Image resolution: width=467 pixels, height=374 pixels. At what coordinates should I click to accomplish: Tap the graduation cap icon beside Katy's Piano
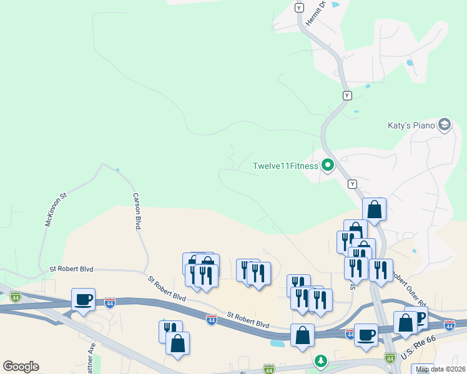click(445, 125)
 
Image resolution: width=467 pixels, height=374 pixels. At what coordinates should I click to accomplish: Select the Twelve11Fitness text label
click(285, 166)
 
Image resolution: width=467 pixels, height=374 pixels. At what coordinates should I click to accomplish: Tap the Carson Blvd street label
click(136, 212)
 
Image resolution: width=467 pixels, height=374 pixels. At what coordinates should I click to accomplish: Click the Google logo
click(21, 366)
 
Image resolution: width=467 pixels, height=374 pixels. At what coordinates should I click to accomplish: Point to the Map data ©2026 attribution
click(441, 369)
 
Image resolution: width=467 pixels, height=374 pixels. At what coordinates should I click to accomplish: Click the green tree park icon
click(320, 361)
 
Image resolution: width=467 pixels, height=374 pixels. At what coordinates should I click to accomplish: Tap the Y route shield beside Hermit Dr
click(299, 7)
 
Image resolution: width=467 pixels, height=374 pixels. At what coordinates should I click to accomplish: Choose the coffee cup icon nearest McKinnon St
click(83, 299)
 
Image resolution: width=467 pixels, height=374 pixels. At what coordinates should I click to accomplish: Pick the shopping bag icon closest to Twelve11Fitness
click(374, 210)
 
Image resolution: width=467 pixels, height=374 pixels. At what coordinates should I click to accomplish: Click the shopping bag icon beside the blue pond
click(302, 335)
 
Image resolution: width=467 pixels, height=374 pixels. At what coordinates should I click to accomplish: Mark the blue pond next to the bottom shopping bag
click(277, 342)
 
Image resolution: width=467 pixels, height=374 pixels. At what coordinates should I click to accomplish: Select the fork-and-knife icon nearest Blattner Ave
click(170, 331)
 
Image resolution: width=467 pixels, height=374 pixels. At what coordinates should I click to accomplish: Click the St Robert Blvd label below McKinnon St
click(71, 269)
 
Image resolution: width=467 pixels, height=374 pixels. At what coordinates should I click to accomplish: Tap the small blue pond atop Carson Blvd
click(117, 170)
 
